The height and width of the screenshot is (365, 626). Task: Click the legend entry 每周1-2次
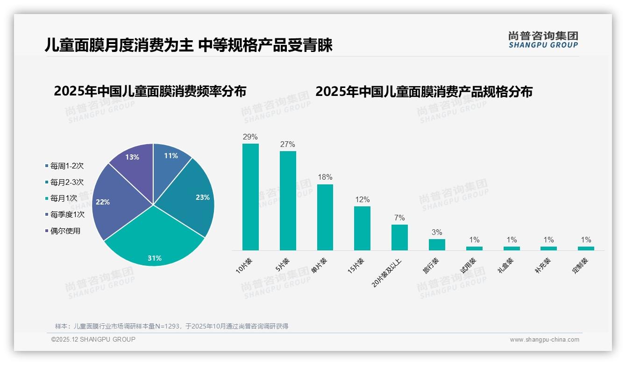pos(67,166)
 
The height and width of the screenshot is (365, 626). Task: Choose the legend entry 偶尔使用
pos(65,231)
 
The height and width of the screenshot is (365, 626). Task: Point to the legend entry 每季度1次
pos(67,214)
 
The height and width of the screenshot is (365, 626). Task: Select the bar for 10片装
pos(250,197)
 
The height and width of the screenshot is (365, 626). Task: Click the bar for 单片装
pos(325,217)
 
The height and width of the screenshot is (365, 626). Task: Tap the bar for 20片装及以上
pos(399,237)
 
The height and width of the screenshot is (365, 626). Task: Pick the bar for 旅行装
pos(437,245)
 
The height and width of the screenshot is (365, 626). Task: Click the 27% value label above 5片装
pos(288,145)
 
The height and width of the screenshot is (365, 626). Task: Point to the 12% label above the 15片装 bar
pos(362,200)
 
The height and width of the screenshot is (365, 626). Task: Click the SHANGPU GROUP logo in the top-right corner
pos(543,40)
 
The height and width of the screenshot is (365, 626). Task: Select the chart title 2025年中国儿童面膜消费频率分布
pos(150,91)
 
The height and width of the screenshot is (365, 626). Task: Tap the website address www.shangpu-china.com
pos(544,340)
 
